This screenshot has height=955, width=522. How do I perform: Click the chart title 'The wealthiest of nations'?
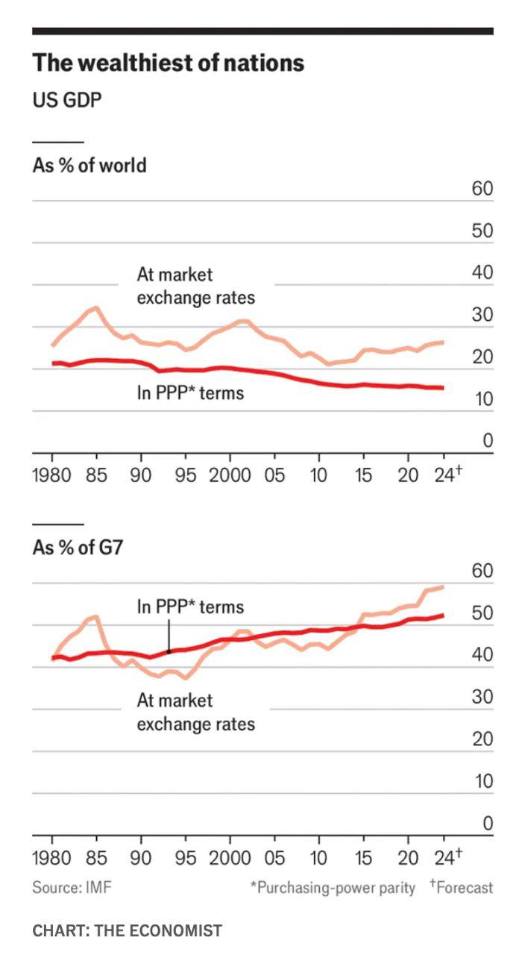pyautogui.click(x=168, y=63)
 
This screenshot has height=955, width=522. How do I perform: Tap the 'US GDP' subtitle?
pyautogui.click(x=67, y=100)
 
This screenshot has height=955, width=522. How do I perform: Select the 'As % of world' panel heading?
pyautogui.click(x=89, y=165)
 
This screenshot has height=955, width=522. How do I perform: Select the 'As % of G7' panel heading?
pyautogui.click(x=78, y=548)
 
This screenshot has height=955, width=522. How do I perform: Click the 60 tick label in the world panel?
pyautogui.click(x=482, y=189)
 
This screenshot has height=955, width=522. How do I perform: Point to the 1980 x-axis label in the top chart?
pyautogui.click(x=52, y=475)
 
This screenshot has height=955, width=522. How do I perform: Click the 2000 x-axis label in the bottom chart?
pyautogui.click(x=230, y=857)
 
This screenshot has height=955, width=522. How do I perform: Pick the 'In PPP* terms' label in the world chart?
pyautogui.click(x=190, y=392)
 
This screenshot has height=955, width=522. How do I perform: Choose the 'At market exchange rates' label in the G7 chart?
pyautogui.click(x=195, y=712)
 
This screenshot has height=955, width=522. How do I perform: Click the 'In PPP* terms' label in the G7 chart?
pyautogui.click(x=190, y=607)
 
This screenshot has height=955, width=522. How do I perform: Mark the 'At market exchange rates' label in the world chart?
pyautogui.click(x=195, y=286)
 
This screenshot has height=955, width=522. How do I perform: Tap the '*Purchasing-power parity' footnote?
pyautogui.click(x=333, y=888)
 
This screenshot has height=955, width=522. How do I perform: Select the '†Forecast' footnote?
pyautogui.click(x=462, y=888)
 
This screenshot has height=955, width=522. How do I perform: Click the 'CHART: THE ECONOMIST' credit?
pyautogui.click(x=128, y=930)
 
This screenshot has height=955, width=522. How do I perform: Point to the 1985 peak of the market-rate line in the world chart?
pyautogui.click(x=96, y=307)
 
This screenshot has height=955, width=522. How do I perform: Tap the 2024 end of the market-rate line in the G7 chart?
pyautogui.click(x=444, y=586)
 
